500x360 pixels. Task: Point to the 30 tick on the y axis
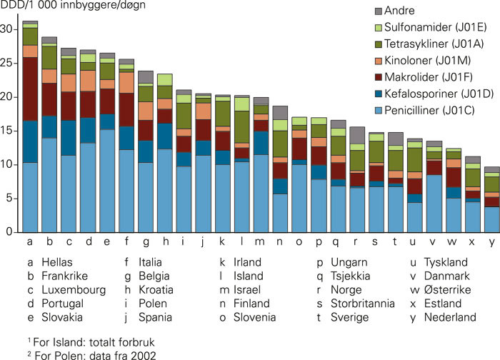click(x=11, y=29)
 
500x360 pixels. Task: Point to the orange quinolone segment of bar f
click(x=126, y=83)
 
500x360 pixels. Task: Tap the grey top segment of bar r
click(x=356, y=135)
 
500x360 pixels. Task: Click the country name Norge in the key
click(x=345, y=290)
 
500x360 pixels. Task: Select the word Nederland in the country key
click(x=449, y=317)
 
